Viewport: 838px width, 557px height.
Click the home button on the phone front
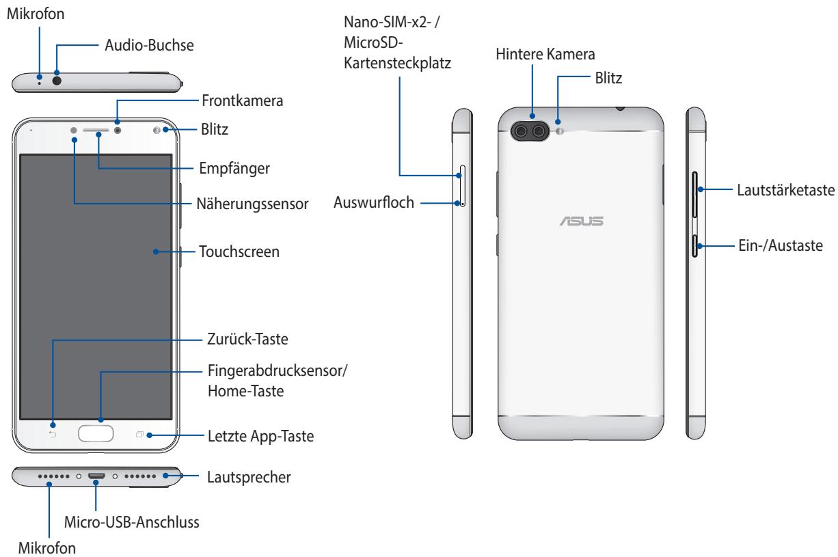pyautogui.click(x=101, y=434)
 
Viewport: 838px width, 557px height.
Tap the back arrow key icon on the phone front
pyautogui.click(x=53, y=434)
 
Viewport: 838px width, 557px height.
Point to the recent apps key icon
pyautogui.click(x=141, y=434)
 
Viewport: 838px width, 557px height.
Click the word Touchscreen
pyautogui.click(x=239, y=252)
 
